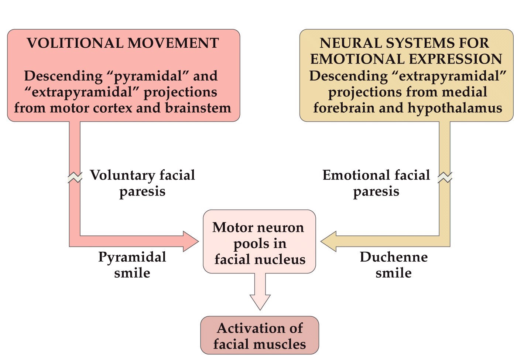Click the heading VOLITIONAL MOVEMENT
123,43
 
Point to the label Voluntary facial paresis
143,183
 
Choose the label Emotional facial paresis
376,183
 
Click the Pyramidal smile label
132,265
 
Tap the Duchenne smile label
394,265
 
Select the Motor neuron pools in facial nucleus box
259,242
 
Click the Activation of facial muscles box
259,336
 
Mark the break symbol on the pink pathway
75,178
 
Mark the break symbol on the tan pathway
445,178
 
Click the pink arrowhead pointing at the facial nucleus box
191,241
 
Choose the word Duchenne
394,257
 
